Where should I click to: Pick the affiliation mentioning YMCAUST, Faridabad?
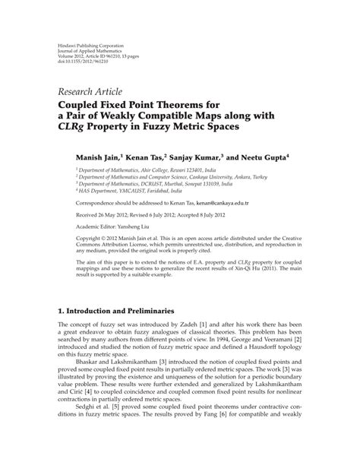[137, 192]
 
